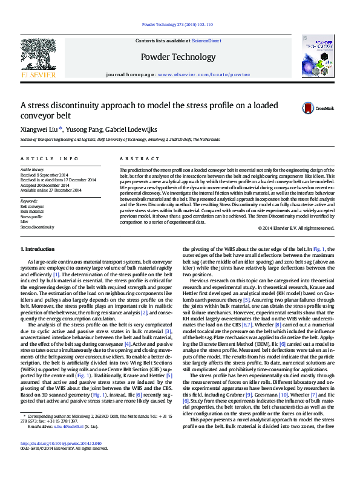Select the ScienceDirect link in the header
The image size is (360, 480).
206,41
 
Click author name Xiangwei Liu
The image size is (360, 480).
38,129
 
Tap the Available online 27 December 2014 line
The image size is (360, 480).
51,190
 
